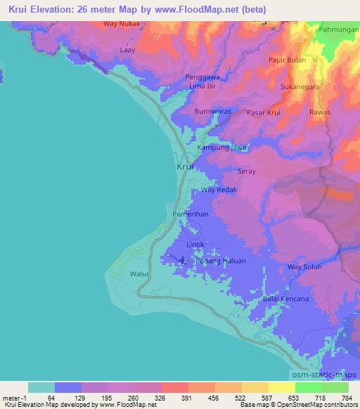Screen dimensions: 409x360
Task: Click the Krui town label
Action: click(184, 167)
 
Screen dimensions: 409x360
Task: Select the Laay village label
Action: click(127, 51)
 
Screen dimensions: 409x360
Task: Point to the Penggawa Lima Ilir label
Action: click(205, 81)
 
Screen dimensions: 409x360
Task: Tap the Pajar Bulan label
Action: click(286, 60)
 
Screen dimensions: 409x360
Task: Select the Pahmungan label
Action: click(338, 31)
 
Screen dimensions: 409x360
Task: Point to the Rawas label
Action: click(320, 112)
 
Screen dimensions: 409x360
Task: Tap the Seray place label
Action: click(246, 171)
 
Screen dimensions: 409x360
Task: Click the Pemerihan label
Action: click(189, 214)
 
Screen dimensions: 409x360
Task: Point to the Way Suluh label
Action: click(304, 267)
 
